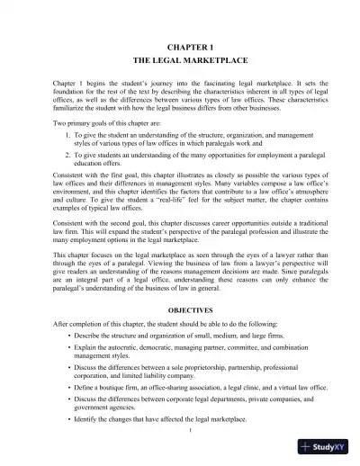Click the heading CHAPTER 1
pos(181,44)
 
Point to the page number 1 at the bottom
pos(181,430)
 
